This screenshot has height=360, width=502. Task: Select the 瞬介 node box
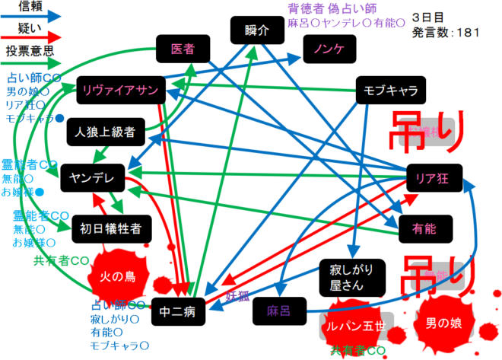(258, 31)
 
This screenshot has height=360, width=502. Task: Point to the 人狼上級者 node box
(104, 132)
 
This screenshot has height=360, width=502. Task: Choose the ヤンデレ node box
(91, 177)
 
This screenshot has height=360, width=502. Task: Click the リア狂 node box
(435, 177)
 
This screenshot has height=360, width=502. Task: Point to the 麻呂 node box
(275, 311)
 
